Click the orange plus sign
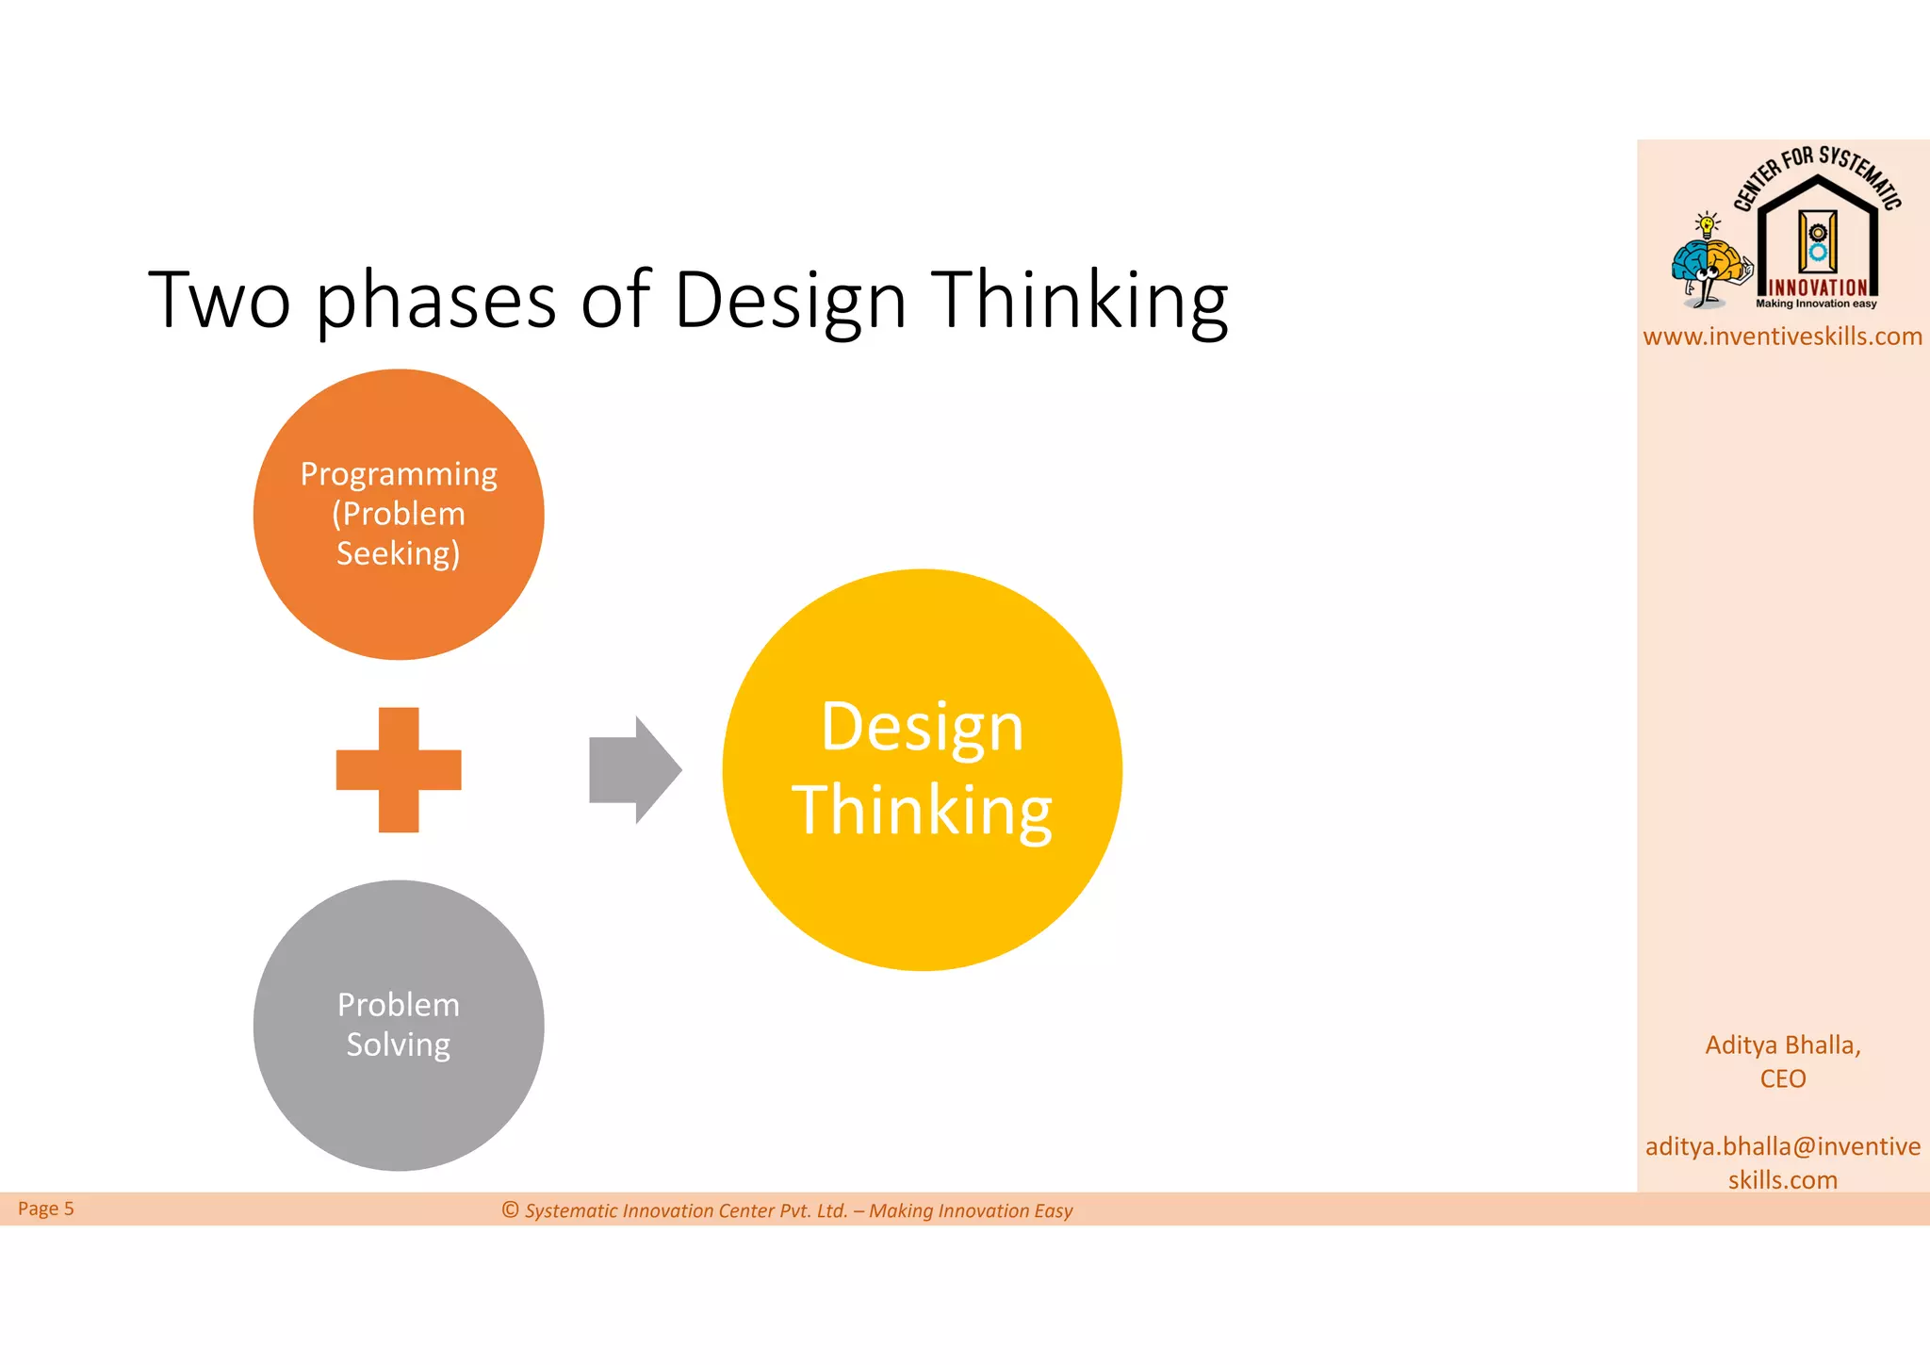[399, 769]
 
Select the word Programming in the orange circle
[399, 474]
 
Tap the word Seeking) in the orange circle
[399, 553]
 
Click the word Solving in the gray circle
[399, 1044]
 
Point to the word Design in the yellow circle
[922, 728]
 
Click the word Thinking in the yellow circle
[922, 811]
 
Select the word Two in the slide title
[219, 300]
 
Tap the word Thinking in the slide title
[1080, 300]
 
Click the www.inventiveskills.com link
[1782, 337]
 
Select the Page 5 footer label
[45, 1209]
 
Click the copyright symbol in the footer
[511, 1209]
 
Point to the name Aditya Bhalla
[1782, 1045]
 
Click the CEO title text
[1782, 1078]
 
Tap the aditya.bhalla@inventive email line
[1782, 1146]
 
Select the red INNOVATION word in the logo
[1818, 288]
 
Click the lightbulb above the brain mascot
[1707, 224]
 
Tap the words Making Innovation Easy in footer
[971, 1210]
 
